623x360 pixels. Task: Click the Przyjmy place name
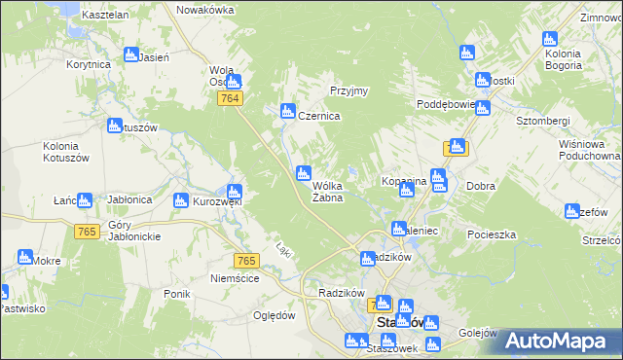[x=348, y=90]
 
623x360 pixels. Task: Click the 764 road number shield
[x=231, y=99]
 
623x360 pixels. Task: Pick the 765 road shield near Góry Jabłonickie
[x=87, y=231]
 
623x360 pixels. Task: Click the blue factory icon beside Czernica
[x=288, y=111]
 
